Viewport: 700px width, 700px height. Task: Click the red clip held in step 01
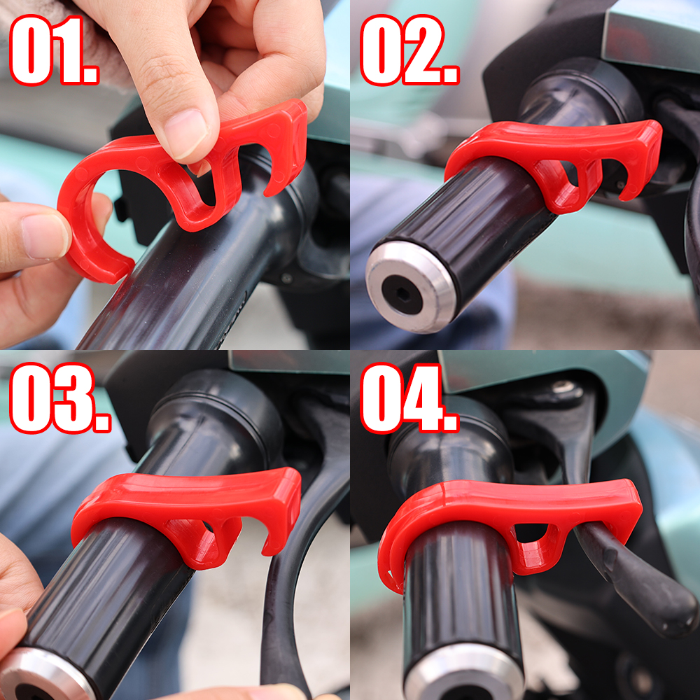tap(175, 175)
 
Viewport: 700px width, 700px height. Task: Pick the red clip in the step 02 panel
tap(553, 157)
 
